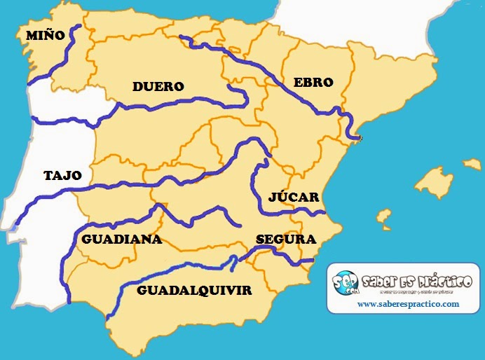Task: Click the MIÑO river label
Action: point(45,34)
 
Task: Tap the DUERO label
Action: point(158,87)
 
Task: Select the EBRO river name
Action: point(313,82)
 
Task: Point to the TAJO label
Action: point(62,175)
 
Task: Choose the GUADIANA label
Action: point(121,239)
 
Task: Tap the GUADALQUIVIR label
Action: point(194,289)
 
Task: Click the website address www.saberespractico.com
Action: point(408,304)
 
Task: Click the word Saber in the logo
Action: point(385,280)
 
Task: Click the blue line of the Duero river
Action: point(175,106)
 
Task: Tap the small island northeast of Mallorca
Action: point(472,164)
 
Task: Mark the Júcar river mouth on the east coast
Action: point(324,212)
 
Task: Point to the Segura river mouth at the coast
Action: point(312,261)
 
